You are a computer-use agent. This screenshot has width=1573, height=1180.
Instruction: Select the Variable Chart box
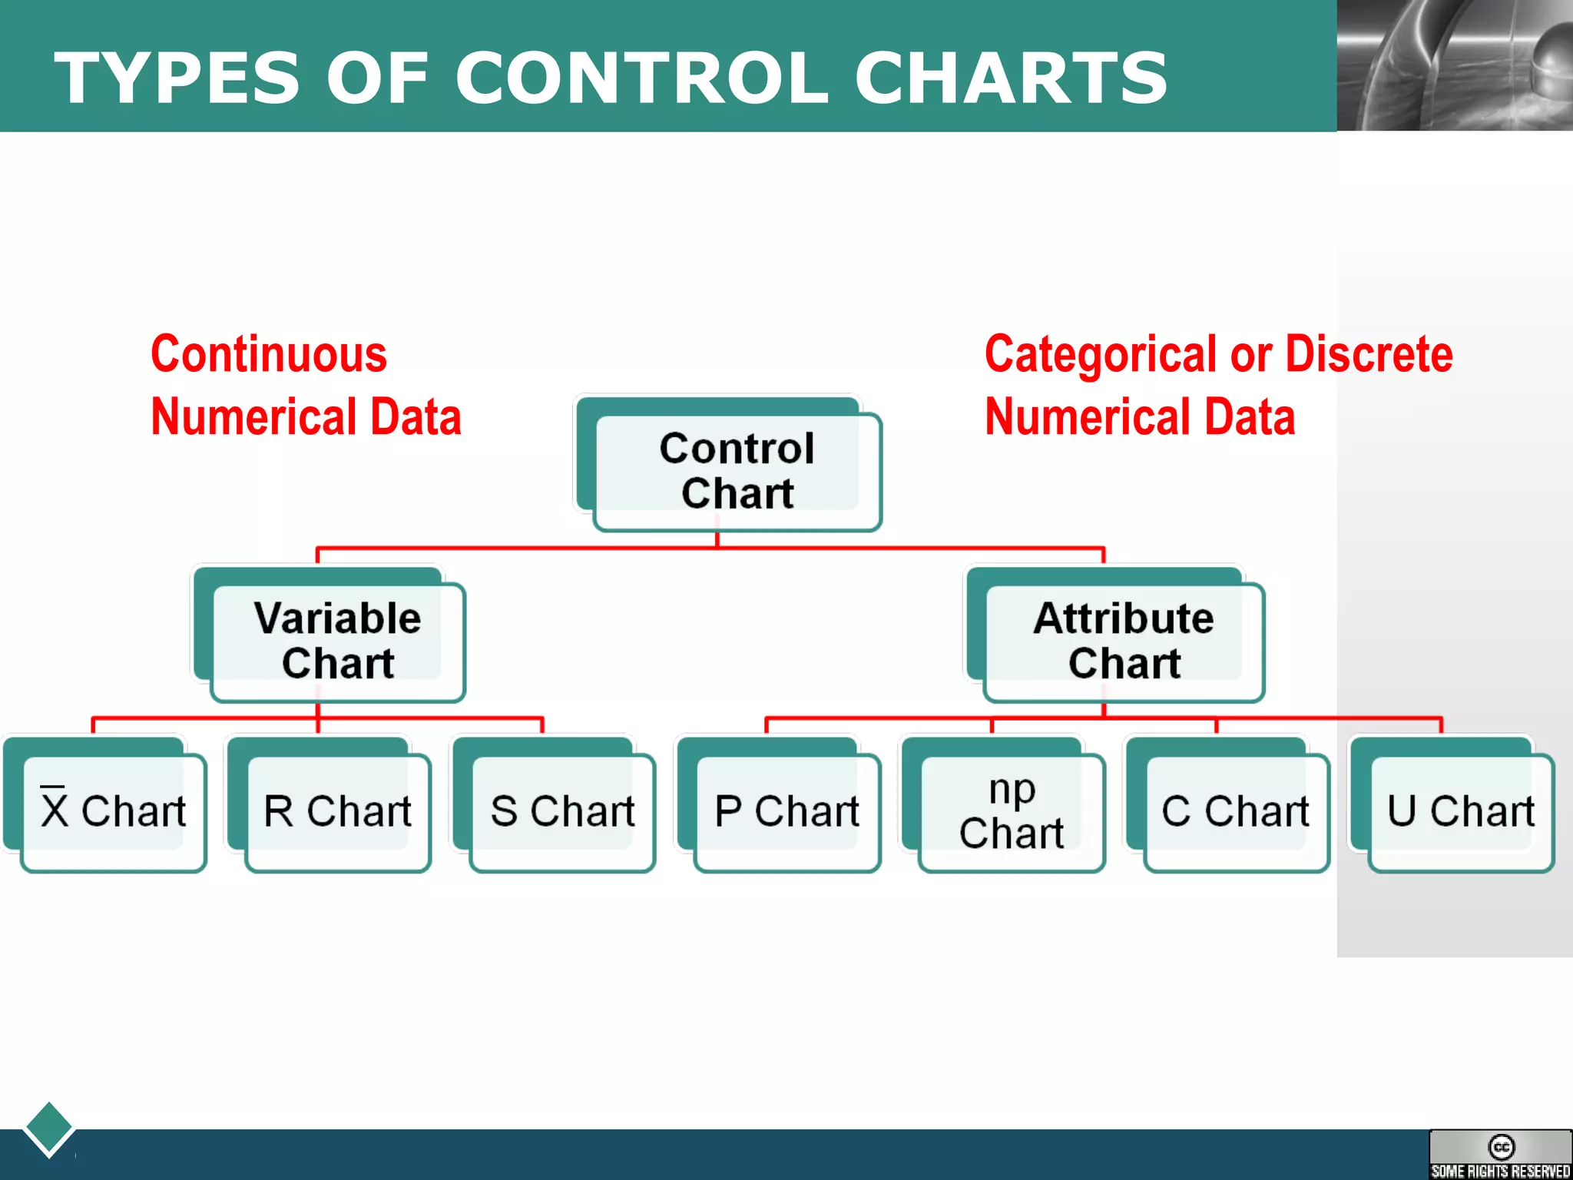pyautogui.click(x=338, y=641)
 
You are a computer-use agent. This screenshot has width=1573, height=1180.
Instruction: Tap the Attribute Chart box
pyautogui.click(x=1123, y=641)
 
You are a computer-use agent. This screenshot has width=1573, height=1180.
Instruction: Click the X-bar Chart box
pyautogui.click(x=113, y=811)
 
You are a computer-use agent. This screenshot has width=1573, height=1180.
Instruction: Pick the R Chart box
pyautogui.click(x=337, y=811)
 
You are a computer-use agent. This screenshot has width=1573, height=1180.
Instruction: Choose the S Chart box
pyautogui.click(x=562, y=811)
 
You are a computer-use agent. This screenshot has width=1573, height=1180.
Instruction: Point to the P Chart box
pyautogui.click(x=786, y=811)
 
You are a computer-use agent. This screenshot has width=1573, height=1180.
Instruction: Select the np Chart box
pyautogui.click(x=1011, y=811)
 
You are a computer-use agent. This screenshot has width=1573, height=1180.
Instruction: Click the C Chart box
pyautogui.click(x=1235, y=811)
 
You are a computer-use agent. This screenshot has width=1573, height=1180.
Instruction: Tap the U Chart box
pyautogui.click(x=1460, y=811)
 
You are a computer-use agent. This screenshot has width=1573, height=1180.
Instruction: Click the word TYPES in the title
pyautogui.click(x=177, y=78)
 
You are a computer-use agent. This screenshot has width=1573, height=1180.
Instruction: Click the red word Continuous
pyautogui.click(x=269, y=355)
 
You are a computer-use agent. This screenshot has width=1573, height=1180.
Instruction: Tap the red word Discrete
pyautogui.click(x=1369, y=355)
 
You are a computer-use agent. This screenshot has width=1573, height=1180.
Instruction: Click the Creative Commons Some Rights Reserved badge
pyautogui.click(x=1500, y=1155)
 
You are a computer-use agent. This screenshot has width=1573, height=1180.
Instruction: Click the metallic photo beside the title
pyautogui.click(x=1454, y=65)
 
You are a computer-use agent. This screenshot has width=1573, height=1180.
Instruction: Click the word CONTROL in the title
pyautogui.click(x=641, y=78)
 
